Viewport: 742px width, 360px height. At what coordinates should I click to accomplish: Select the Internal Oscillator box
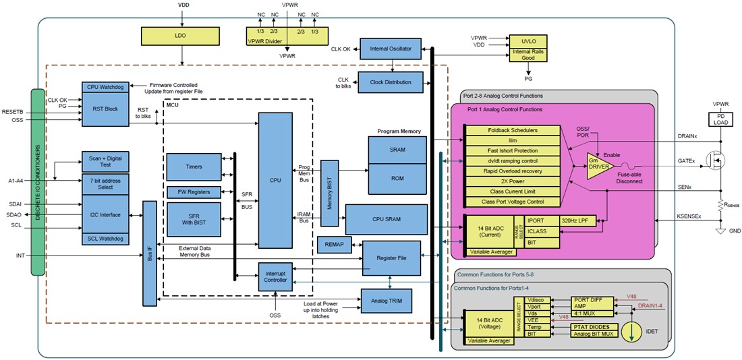click(x=390, y=49)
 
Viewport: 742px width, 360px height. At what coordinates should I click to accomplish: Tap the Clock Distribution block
click(x=390, y=82)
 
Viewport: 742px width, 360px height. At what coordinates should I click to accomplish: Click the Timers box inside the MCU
click(x=193, y=166)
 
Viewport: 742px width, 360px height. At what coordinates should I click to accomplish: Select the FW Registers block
click(x=193, y=192)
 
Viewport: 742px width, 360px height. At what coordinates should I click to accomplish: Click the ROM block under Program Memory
click(x=397, y=179)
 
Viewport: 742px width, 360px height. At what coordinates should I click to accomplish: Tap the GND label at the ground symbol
click(x=734, y=231)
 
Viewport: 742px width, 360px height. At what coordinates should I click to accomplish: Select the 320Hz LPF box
click(x=578, y=220)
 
